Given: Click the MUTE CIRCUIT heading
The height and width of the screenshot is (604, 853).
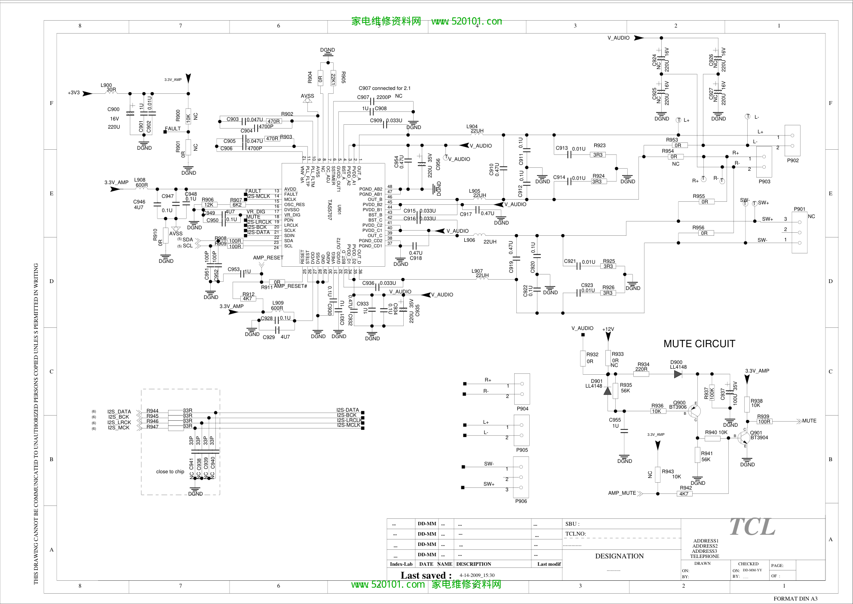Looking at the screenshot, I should [699, 344].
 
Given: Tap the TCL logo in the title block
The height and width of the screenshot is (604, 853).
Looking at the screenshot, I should [752, 527].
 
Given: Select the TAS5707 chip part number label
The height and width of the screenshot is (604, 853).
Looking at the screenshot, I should [330, 210].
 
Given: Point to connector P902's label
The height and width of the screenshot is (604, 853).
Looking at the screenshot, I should [793, 160].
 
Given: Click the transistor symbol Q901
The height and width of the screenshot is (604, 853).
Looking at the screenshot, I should [744, 438].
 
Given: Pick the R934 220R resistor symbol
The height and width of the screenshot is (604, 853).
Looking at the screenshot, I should [641, 374].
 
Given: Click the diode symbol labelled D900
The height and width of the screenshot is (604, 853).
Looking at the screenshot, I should [678, 374].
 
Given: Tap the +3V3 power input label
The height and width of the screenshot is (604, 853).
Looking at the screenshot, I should [74, 92].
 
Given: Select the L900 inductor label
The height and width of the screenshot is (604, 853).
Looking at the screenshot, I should [106, 85].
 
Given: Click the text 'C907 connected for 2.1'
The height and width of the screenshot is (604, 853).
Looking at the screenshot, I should [384, 88].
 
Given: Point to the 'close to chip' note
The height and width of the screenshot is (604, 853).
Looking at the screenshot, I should [170, 471].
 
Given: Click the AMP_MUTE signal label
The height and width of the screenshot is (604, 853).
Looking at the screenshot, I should [622, 493].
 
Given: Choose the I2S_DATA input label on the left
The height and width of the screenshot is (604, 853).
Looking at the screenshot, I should [119, 412].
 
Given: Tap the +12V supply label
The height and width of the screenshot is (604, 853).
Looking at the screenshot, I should [608, 329].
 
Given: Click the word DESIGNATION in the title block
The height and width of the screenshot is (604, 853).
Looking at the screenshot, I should [619, 556].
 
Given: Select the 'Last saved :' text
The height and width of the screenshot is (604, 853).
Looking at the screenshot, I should [426, 575].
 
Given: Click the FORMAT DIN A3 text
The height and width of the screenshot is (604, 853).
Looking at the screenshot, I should [795, 598].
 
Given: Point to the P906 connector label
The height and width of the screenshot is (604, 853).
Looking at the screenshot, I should [521, 501].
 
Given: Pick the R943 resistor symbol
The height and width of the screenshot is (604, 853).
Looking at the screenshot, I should [657, 474].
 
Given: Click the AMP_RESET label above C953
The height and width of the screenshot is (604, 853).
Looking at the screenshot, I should [268, 258].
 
